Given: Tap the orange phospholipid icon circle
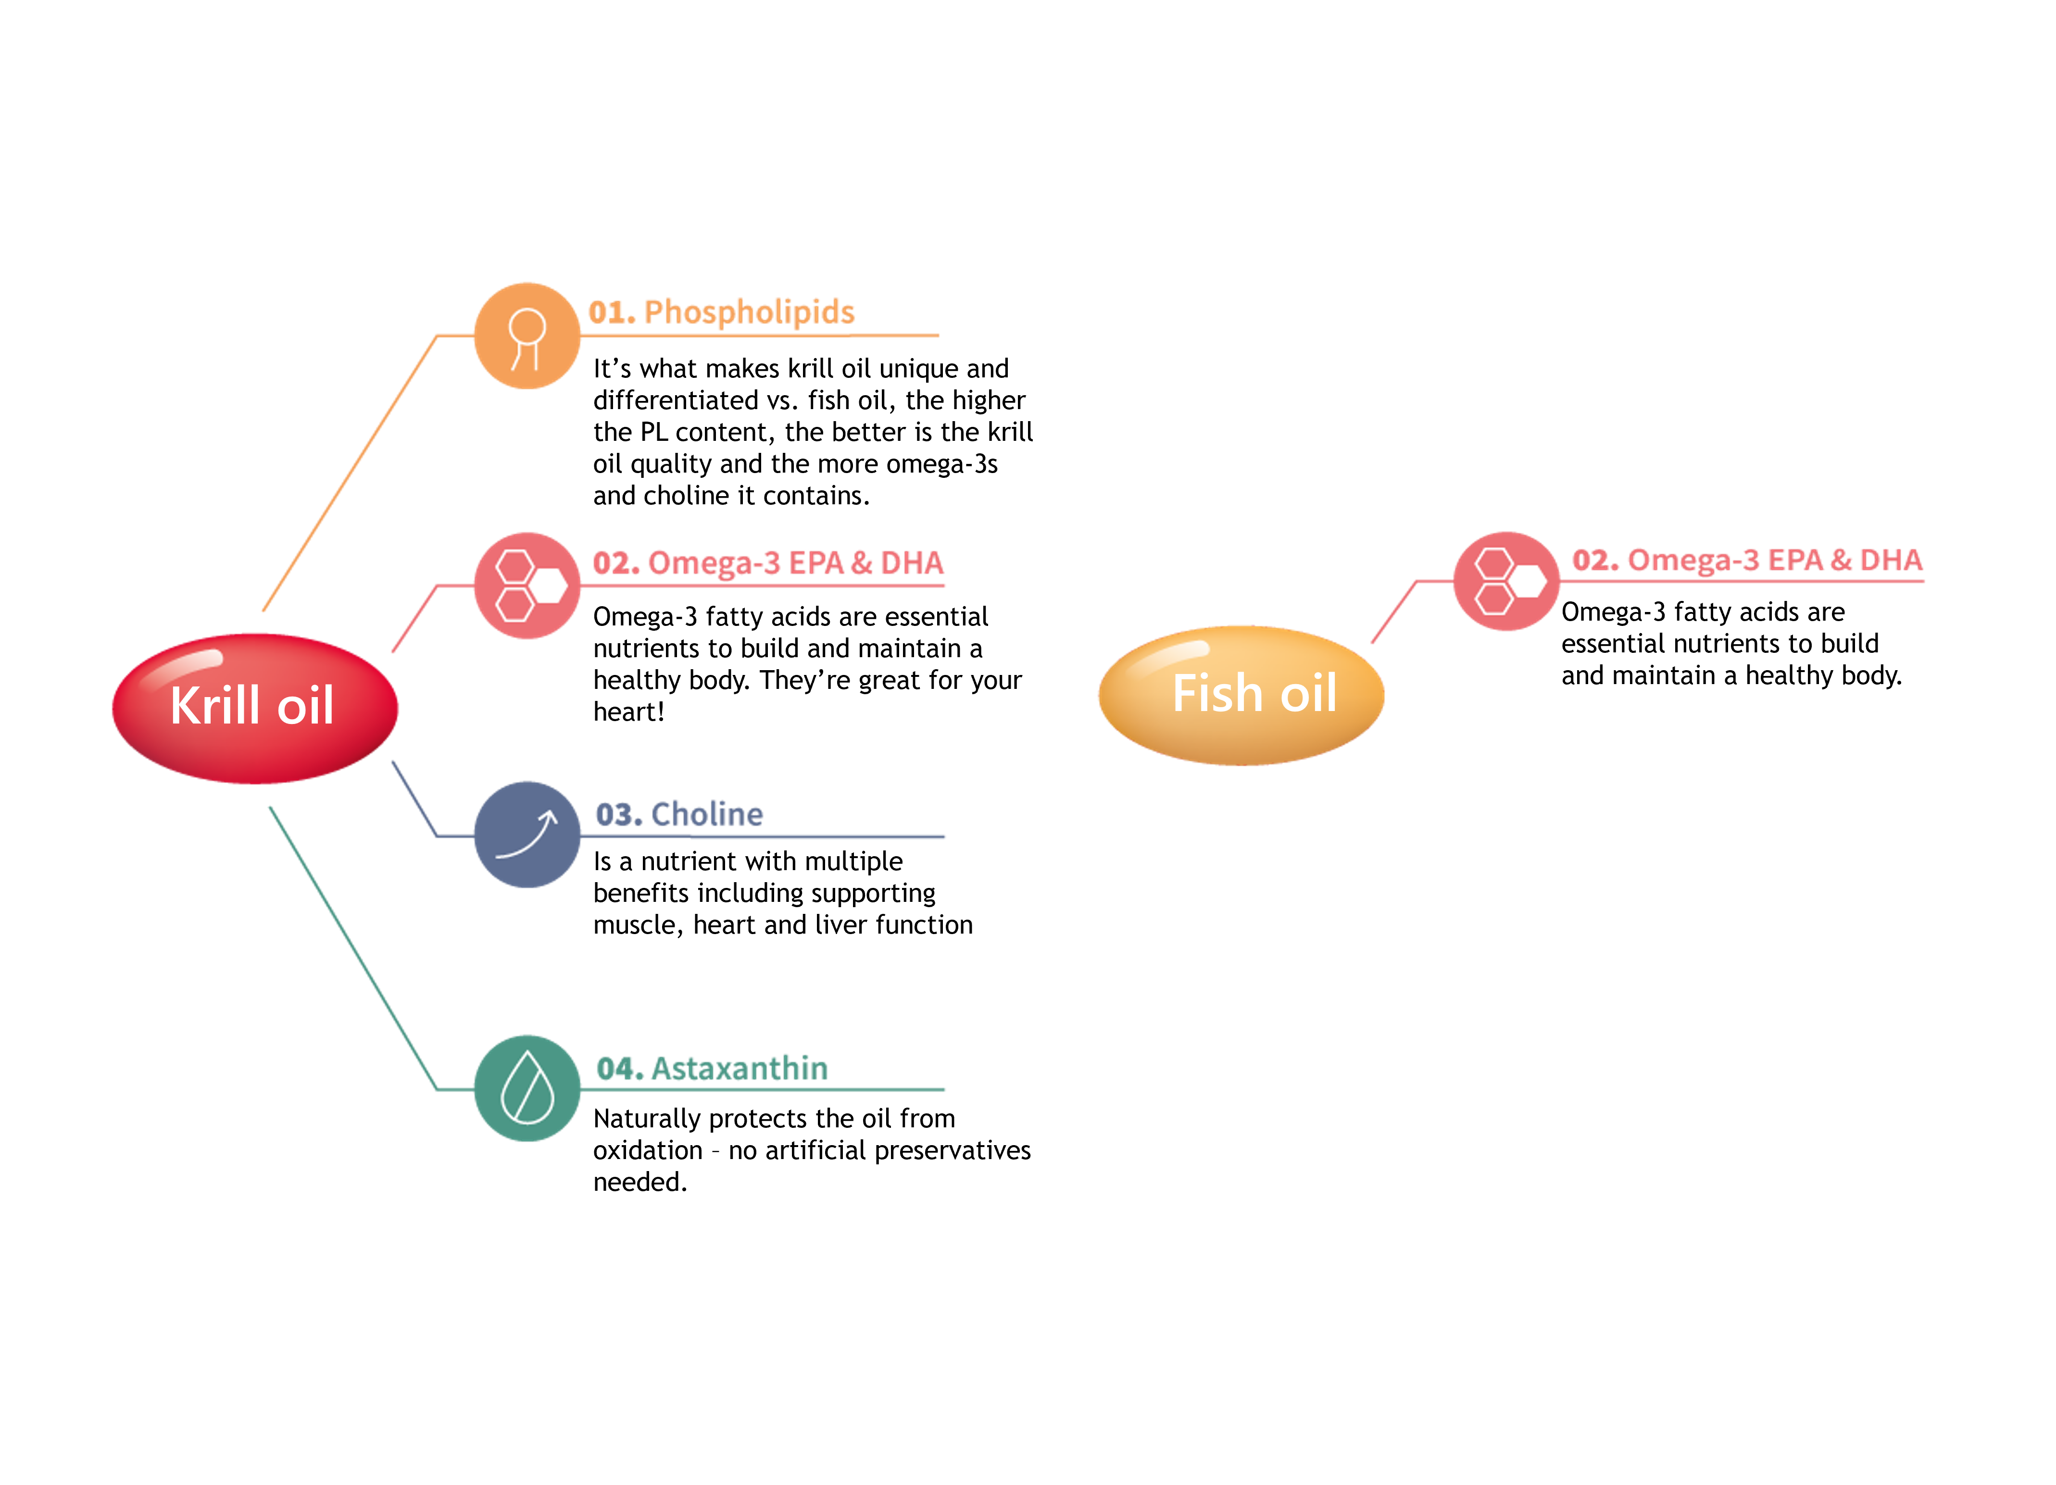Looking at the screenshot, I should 527,336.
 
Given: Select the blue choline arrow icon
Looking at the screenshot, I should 527,834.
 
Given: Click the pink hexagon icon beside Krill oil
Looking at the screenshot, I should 527,586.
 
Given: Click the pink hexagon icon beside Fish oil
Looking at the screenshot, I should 1506,581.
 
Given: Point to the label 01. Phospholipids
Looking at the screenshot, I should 722,312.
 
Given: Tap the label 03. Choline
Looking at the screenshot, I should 679,814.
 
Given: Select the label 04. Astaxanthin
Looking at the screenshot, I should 712,1069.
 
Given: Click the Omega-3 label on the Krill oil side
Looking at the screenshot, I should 768,563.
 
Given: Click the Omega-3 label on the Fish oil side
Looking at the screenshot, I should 1747,560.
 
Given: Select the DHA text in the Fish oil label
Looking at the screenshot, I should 1890,560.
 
